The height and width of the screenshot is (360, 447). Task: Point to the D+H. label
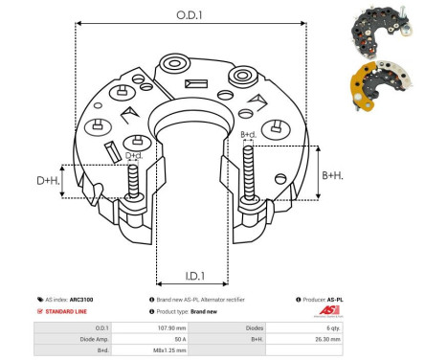48,180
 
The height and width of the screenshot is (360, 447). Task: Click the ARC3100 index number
82,300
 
